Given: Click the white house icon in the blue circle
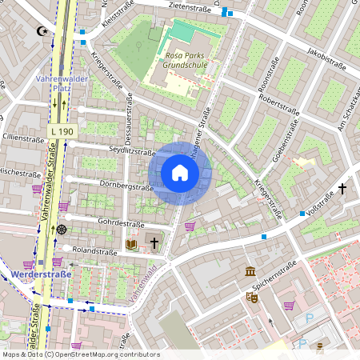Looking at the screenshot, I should tap(180, 173).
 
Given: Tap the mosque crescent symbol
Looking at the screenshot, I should tap(42, 32).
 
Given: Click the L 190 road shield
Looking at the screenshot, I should tap(61, 130).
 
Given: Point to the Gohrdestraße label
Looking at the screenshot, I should tap(120, 224).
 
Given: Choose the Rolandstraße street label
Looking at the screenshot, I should tap(94, 251).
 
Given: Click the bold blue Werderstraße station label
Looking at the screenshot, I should tap(42, 274).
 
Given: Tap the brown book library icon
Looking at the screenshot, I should tap(132, 243).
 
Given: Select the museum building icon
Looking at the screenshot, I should tap(250, 271).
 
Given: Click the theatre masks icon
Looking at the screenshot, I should tap(251, 297).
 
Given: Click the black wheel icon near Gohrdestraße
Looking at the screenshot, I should tap(62, 229).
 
